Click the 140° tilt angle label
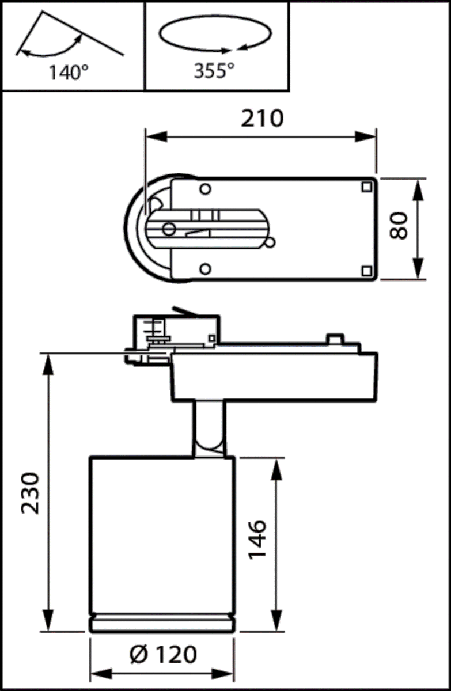(68, 73)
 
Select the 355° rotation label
(214, 71)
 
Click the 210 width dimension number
(262, 118)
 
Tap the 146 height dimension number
(257, 540)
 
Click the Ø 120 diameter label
(163, 655)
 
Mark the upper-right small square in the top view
(366, 187)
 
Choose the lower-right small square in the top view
(366, 271)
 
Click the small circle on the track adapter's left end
(169, 229)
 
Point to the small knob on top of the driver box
(334, 339)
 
